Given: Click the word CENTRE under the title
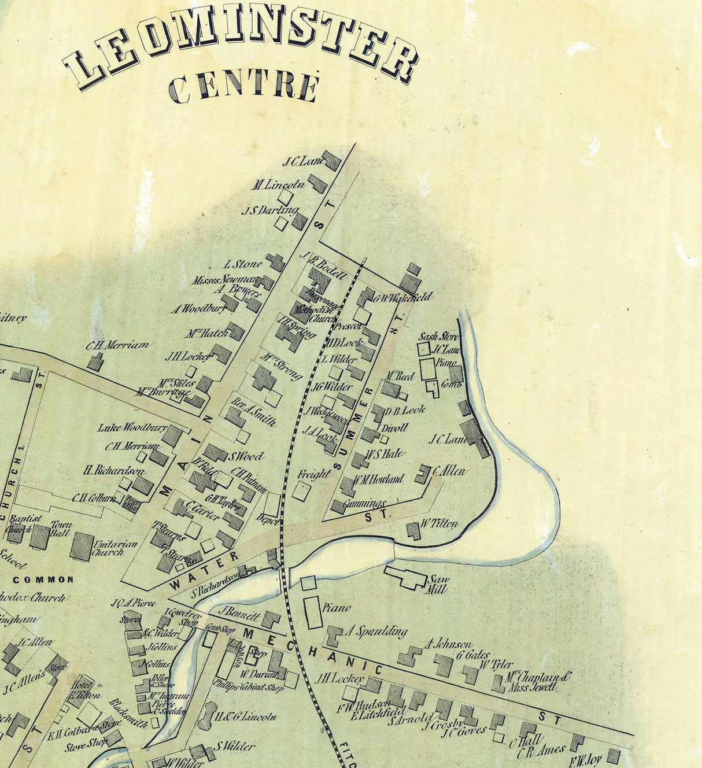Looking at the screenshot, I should (243, 87).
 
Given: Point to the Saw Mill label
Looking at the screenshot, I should (437, 584).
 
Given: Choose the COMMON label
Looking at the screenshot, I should (43, 579).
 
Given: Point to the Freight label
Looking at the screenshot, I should (315, 474).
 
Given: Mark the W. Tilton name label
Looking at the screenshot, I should (439, 524).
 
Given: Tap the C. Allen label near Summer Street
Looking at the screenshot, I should (449, 471).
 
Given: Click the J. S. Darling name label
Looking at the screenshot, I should (270, 211).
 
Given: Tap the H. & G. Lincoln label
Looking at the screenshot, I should (246, 717).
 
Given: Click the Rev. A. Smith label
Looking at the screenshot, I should (253, 412).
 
